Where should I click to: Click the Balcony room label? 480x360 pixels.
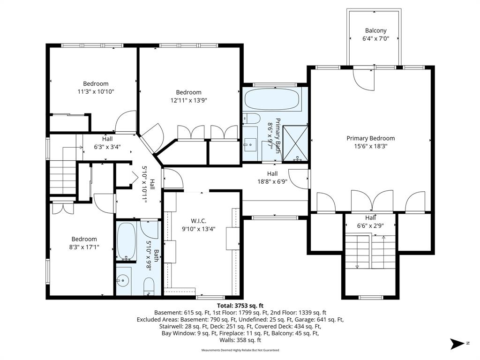(x=375, y=30)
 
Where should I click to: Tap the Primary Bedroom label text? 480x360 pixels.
(x=370, y=138)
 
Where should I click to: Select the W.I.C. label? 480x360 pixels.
(x=198, y=221)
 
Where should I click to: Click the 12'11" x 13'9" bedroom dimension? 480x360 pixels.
(x=188, y=100)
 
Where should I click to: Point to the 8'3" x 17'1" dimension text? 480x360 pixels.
(x=84, y=247)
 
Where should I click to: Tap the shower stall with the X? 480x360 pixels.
(x=295, y=143)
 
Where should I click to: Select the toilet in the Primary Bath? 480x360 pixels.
(x=251, y=119)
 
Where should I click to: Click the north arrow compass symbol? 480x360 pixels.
(x=457, y=344)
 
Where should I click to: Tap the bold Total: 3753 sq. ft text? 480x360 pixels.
(x=240, y=306)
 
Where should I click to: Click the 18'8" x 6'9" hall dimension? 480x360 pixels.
(x=272, y=181)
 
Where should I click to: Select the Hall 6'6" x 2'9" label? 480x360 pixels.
(x=370, y=222)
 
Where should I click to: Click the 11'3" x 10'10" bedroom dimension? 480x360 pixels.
(x=96, y=91)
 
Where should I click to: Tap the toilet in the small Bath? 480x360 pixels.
(x=149, y=286)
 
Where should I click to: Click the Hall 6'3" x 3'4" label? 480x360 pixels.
(x=107, y=142)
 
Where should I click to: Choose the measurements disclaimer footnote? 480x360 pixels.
(x=240, y=350)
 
